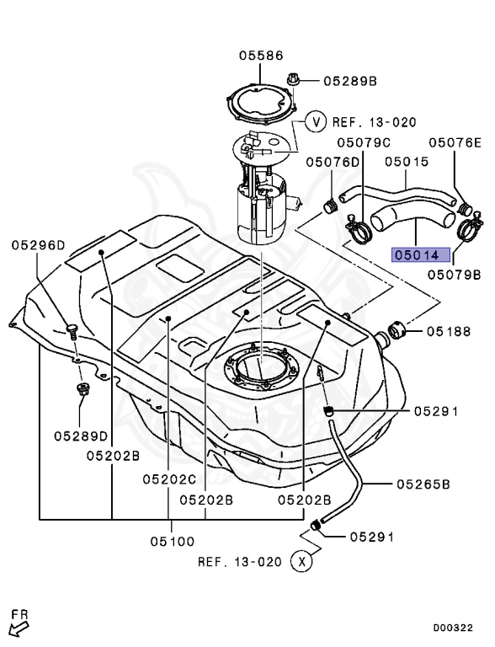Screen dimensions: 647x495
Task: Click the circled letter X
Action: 301,561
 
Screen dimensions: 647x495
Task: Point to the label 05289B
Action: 349,81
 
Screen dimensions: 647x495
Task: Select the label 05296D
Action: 38,245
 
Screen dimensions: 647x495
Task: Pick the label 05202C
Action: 168,479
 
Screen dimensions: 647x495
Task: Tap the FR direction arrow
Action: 19,623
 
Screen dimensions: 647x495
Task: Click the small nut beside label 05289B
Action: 294,80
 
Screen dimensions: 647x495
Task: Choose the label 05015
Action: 407,161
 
